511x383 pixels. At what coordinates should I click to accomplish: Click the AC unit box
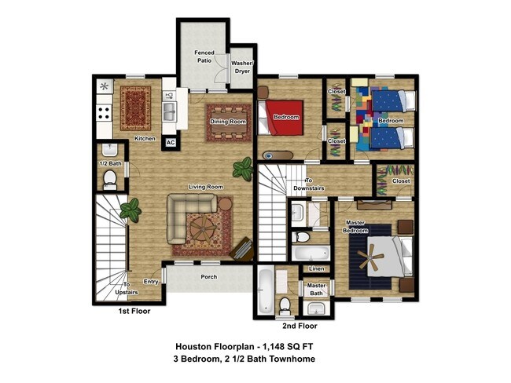tap(170, 143)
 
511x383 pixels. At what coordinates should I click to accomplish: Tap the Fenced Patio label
tap(204, 57)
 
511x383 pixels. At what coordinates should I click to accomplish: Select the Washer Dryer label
tap(241, 66)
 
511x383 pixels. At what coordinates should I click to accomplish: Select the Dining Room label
tap(227, 122)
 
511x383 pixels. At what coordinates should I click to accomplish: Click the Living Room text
tap(205, 187)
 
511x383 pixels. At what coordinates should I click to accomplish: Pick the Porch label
tap(209, 276)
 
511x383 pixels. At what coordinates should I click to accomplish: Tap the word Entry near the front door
tap(152, 281)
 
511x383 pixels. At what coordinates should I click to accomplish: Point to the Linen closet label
tap(316, 269)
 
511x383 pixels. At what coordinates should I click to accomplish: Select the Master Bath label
tap(316, 290)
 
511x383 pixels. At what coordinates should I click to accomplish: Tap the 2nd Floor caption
tap(299, 325)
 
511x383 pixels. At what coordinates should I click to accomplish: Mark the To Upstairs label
tap(126, 288)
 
